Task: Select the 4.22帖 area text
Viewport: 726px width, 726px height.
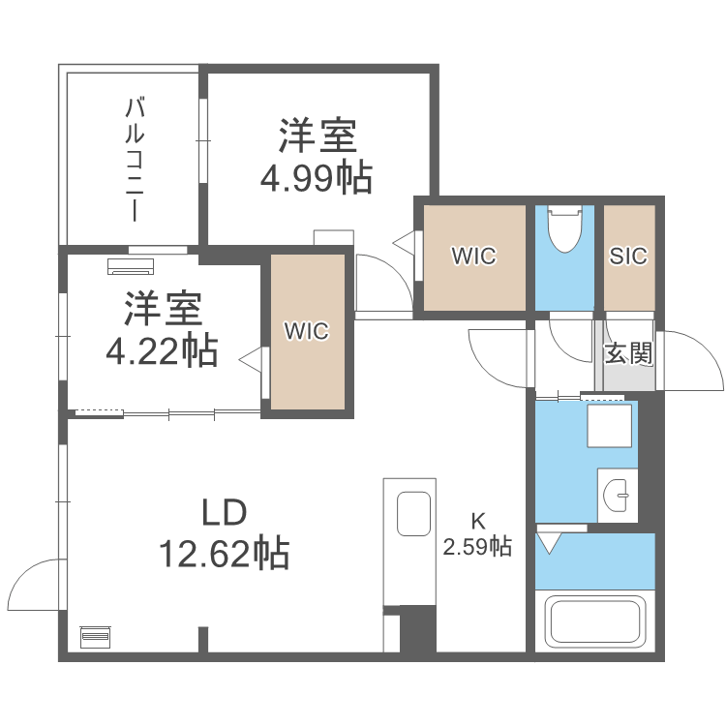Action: [x=161, y=351]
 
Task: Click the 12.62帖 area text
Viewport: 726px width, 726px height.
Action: [x=225, y=554]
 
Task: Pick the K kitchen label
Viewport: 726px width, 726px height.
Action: [x=477, y=519]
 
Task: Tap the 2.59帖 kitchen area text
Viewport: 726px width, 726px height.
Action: [x=477, y=547]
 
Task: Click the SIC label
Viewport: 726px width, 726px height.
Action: [x=628, y=257]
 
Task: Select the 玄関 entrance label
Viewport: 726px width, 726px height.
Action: [x=628, y=352]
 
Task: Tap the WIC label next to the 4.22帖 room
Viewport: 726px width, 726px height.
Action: [x=307, y=331]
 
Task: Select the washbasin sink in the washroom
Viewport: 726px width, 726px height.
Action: [x=617, y=497]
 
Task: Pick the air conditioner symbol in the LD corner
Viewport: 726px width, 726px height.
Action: [x=95, y=636]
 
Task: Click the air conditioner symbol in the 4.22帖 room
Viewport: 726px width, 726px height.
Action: [x=130, y=264]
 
